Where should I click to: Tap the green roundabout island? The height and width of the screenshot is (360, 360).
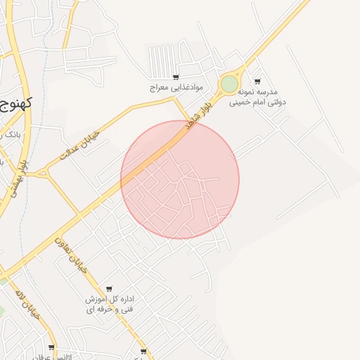pyautogui.click(x=230, y=84)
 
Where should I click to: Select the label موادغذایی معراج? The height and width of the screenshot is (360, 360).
pyautogui.click(x=176, y=88)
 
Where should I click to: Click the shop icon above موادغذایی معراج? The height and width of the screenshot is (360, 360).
pyautogui.click(x=175, y=77)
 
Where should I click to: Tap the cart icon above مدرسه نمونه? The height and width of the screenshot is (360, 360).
pyautogui.click(x=257, y=81)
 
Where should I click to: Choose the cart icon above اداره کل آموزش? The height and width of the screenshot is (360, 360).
pyautogui.click(x=109, y=289)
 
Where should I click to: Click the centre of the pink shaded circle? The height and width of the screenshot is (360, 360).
pyautogui.click(x=180, y=179)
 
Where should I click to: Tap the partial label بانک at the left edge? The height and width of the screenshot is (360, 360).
pyautogui.click(x=10, y=134)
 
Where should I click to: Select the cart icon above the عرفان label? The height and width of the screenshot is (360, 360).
pyautogui.click(x=51, y=347)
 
